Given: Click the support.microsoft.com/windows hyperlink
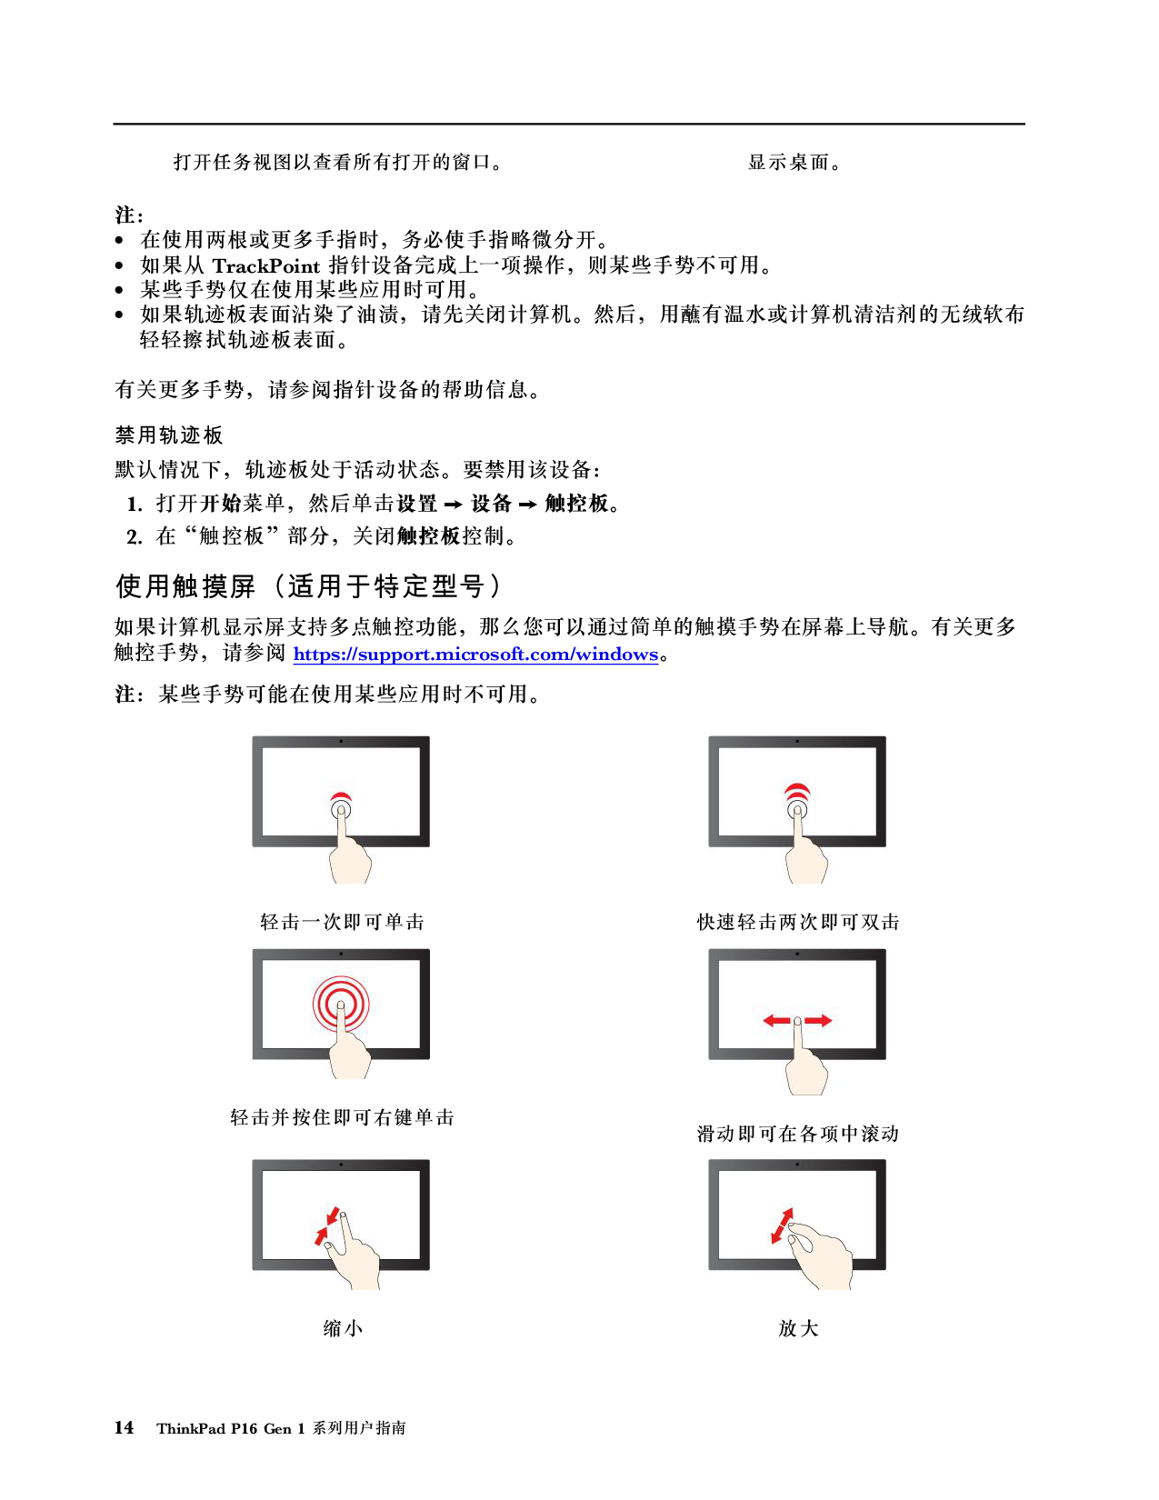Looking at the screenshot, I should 475,655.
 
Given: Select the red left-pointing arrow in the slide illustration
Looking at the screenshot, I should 776,1021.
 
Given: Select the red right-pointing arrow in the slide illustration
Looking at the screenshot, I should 819,1021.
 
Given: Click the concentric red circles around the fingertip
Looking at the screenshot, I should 341,1003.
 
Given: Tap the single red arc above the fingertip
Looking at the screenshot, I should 341,798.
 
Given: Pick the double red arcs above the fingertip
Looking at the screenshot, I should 797,791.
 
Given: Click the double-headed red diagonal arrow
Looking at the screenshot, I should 782,1225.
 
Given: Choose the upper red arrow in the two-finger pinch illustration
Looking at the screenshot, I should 334,1215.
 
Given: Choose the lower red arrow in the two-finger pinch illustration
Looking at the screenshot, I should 321,1235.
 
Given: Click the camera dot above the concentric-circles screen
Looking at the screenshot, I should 341,954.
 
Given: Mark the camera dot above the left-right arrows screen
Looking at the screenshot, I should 797,954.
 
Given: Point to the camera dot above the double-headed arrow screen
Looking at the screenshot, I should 797,1165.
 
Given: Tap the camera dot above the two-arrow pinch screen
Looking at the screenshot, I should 341,1165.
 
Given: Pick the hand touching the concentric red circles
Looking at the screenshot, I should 349,1055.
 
